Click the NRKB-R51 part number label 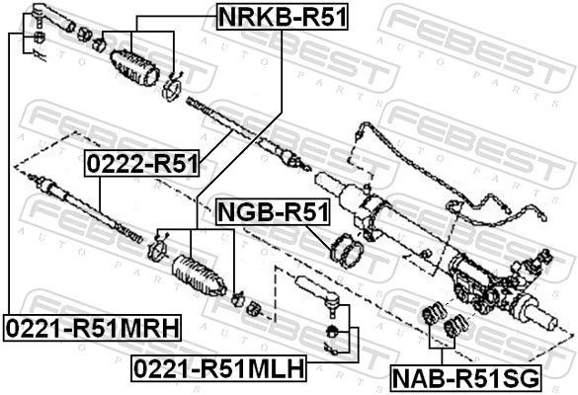click(283, 16)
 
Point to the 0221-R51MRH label click(90, 326)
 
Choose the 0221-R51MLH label click(218, 368)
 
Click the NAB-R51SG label click(464, 377)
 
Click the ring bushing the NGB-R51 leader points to click(347, 251)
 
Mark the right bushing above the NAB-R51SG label click(455, 325)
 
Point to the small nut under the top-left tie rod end click(36, 38)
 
